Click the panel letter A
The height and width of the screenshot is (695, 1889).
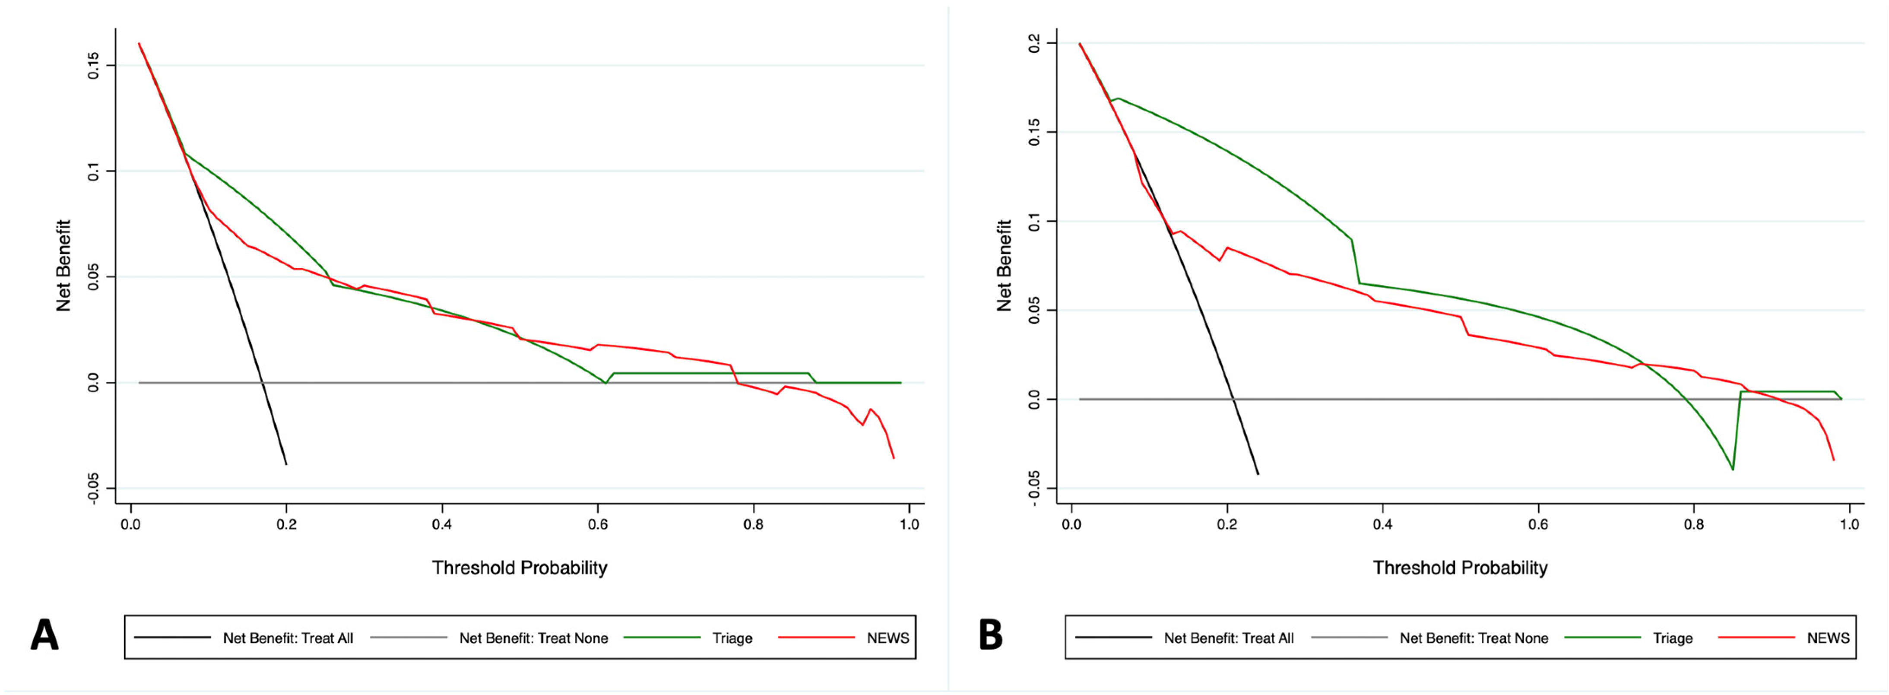(x=44, y=635)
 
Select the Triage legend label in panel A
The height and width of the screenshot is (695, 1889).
(x=732, y=638)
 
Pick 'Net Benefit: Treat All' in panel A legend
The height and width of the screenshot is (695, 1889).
(x=288, y=638)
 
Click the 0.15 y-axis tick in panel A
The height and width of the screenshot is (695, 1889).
(x=93, y=65)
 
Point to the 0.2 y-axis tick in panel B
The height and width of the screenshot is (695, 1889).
(x=1034, y=43)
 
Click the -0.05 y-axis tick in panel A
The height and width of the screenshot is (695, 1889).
(x=93, y=488)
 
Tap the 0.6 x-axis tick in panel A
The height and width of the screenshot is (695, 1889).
(x=598, y=525)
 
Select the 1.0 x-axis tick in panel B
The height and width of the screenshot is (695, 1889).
(x=1849, y=525)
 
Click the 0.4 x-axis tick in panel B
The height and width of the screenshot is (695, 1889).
(x=1382, y=525)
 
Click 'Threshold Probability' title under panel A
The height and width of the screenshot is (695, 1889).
(x=519, y=568)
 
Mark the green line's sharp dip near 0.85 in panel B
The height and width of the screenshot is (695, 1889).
(x=1733, y=469)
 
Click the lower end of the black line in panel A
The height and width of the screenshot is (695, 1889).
(x=286, y=464)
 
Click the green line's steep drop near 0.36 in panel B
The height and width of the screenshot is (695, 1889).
(x=1355, y=261)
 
